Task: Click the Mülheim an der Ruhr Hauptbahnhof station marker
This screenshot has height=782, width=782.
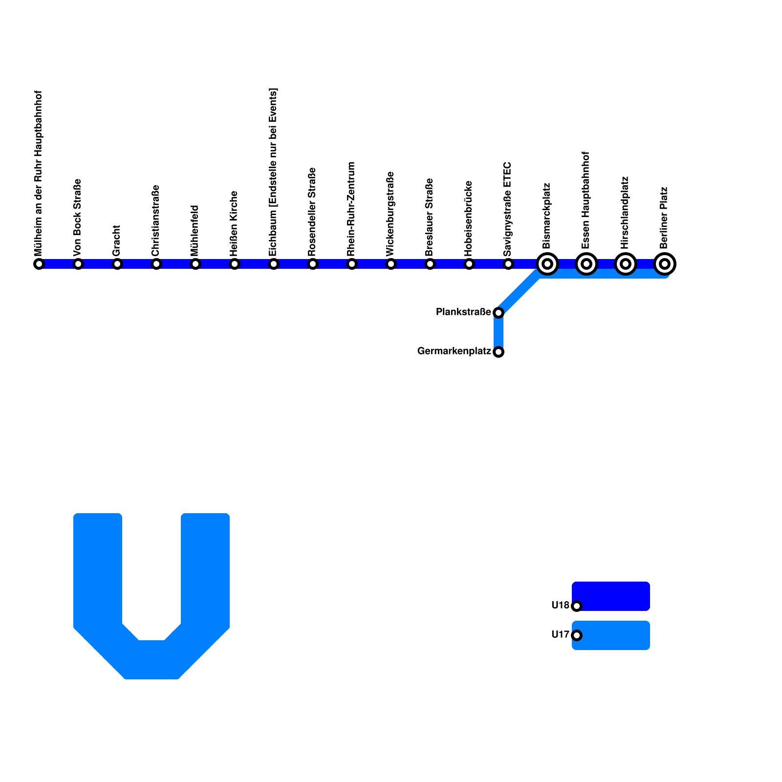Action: point(39,264)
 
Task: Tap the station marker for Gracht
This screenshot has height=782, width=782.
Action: point(117,264)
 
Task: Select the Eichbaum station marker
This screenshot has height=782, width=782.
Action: point(274,264)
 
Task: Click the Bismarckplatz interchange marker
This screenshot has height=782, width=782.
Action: point(547,264)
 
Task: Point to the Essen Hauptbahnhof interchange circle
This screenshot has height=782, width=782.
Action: point(586,264)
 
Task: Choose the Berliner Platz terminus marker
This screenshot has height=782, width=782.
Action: point(665,264)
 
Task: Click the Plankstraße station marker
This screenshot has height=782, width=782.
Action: point(499,312)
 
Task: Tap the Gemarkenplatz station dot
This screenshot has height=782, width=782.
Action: point(499,351)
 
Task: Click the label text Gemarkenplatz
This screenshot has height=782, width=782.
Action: point(454,351)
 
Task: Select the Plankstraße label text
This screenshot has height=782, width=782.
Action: point(463,312)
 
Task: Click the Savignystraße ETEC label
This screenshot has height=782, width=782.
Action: point(507,209)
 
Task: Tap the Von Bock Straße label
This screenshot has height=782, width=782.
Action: point(77,217)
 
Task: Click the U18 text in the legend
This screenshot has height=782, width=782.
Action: point(560,606)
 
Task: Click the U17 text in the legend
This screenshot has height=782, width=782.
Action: point(560,635)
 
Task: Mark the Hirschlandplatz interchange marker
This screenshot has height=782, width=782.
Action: point(626,264)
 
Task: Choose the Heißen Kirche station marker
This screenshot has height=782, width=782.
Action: point(235,264)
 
